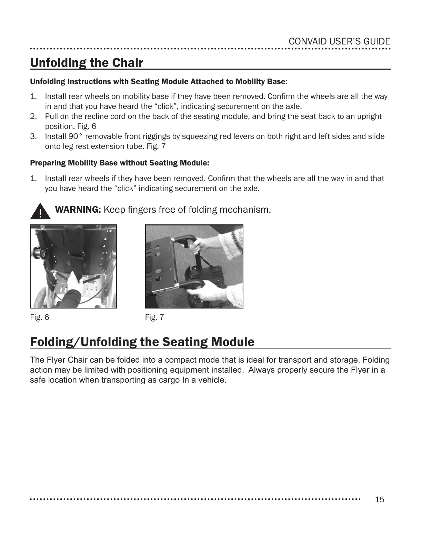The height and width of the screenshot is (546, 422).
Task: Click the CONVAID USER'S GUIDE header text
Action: [339, 42]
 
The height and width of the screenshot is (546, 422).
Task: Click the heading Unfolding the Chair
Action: [87, 63]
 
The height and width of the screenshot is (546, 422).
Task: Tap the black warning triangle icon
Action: [40, 212]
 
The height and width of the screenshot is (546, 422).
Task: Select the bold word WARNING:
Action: [78, 210]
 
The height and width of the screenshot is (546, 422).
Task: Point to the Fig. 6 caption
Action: [40, 317]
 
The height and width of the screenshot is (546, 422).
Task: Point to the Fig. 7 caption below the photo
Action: [154, 317]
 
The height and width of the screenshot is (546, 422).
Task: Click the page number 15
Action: [379, 499]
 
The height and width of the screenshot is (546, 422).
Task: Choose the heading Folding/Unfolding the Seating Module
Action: [142, 342]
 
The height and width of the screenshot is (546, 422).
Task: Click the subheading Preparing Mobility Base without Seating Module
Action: [120, 163]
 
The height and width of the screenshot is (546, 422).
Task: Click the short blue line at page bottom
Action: [68, 543]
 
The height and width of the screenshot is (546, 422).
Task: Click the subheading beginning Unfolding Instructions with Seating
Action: [159, 82]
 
